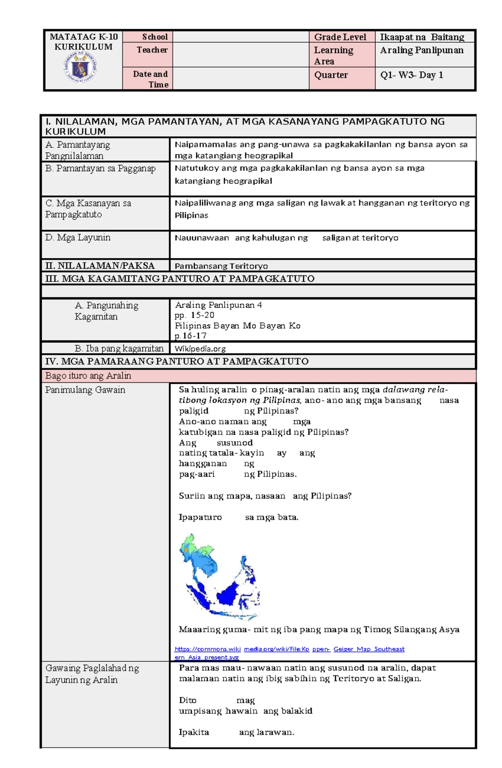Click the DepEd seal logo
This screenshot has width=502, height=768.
(80, 67)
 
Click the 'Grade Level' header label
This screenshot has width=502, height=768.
(340, 37)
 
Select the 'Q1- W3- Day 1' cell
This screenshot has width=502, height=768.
(411, 75)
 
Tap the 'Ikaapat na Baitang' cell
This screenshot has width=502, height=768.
(422, 37)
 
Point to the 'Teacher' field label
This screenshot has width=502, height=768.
(152, 50)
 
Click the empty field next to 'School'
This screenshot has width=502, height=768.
(241, 37)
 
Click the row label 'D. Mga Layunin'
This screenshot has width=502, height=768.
(78, 237)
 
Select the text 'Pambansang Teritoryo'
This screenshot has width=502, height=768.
(221, 266)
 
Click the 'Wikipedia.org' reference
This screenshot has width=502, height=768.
(200, 348)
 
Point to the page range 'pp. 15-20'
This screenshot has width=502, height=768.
(195, 315)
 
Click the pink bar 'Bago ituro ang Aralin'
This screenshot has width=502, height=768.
(88, 375)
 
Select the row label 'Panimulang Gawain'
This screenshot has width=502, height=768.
(85, 390)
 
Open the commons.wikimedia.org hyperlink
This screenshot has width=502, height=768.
(289, 649)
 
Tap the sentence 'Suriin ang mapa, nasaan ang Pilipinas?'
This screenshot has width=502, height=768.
(265, 496)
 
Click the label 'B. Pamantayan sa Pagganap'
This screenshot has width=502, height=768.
(100, 168)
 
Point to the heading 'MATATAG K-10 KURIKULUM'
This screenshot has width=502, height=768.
(83, 41)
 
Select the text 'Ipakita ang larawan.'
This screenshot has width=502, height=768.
(236, 732)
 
